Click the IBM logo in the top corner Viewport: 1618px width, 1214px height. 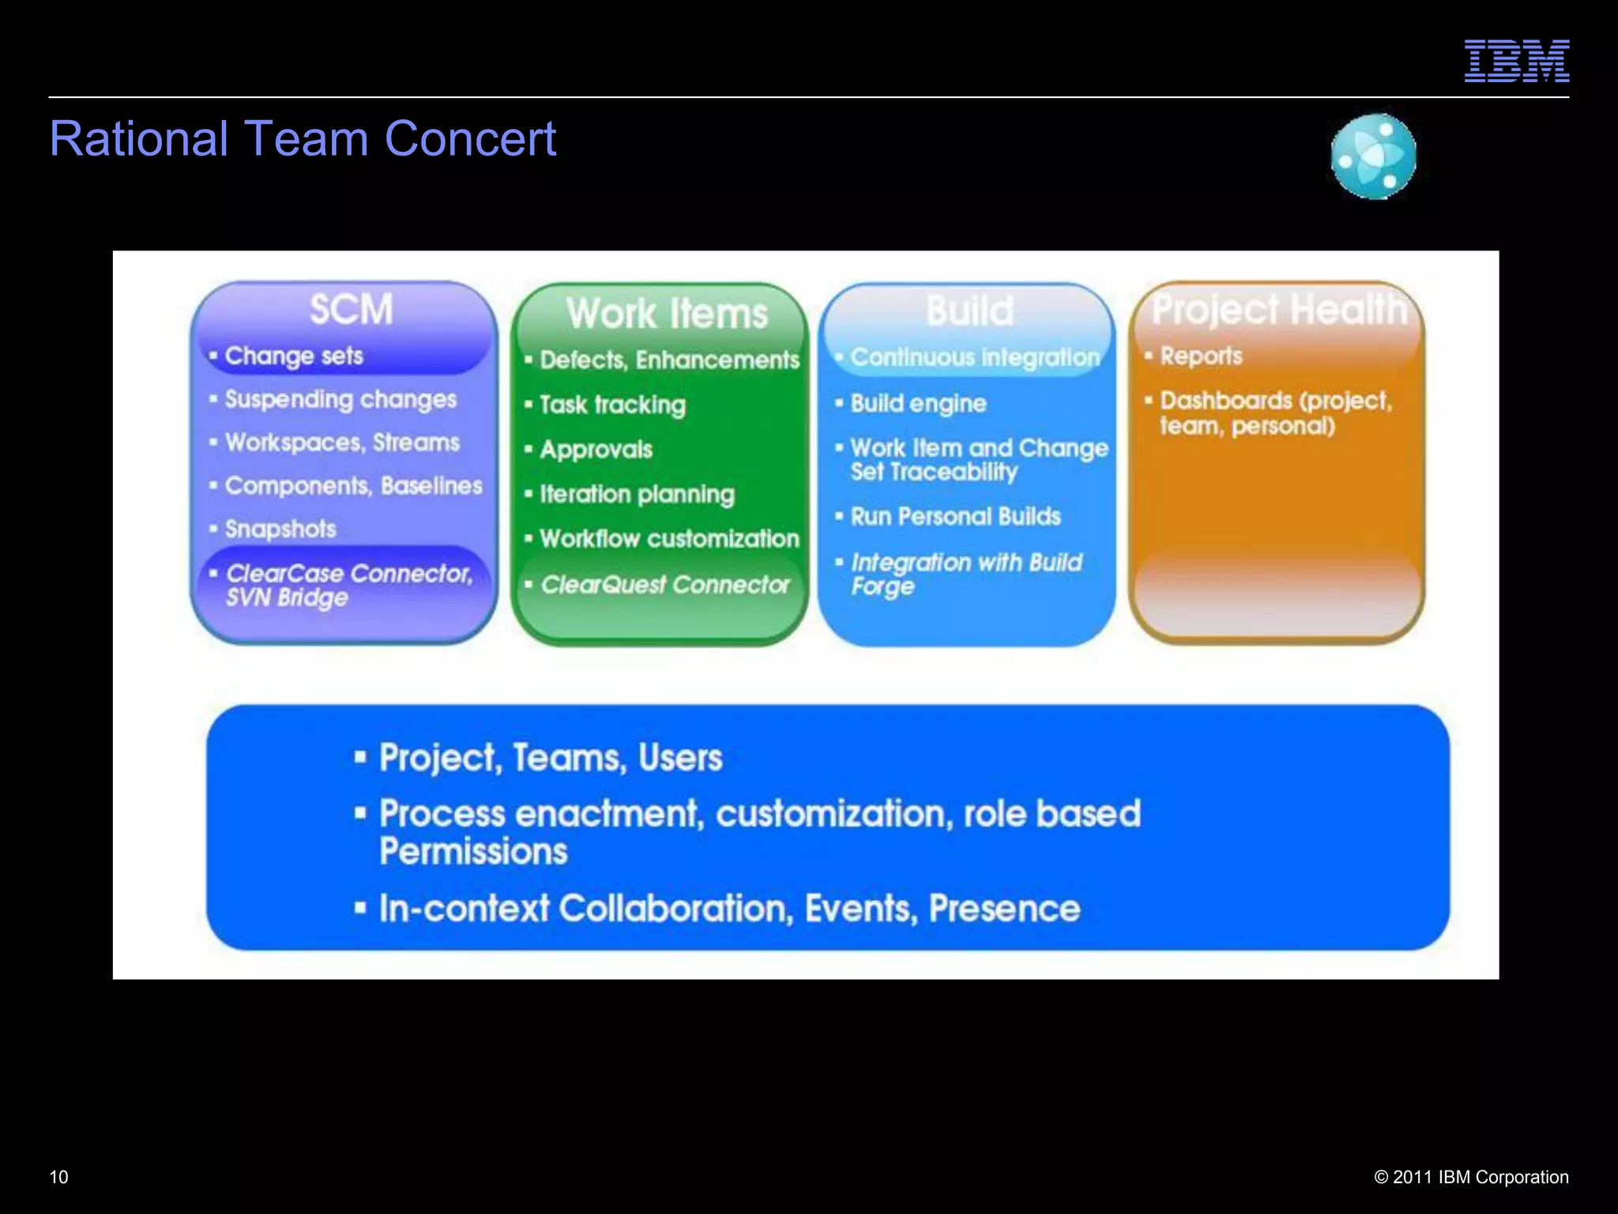click(1516, 61)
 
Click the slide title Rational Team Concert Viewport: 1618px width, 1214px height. click(303, 139)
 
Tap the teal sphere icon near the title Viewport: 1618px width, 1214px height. click(1373, 156)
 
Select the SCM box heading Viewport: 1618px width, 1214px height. click(351, 309)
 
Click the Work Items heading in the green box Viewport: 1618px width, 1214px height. click(667, 313)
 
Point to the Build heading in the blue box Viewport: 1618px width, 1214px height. click(969, 311)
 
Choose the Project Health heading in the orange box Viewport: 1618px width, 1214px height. click(1279, 309)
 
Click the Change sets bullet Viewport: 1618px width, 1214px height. click(293, 356)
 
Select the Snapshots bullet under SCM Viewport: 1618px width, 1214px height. click(280, 529)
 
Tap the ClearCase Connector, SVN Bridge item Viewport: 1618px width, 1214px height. click(348, 585)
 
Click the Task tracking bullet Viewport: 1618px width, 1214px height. click(612, 405)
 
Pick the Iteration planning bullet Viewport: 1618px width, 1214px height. click(636, 495)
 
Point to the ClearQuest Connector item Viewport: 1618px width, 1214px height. click(664, 585)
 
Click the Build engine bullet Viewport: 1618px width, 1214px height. click(918, 404)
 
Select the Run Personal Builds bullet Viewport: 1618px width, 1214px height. click(955, 517)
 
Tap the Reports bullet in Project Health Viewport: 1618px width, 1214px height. click(1200, 356)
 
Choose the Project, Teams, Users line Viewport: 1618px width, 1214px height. click(550, 758)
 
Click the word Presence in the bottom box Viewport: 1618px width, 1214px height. click(1004, 909)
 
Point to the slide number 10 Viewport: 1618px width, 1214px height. click(59, 1177)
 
